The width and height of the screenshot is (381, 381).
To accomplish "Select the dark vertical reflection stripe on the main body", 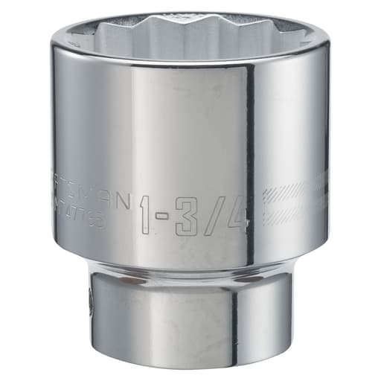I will pyautogui.click(x=250, y=149).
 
